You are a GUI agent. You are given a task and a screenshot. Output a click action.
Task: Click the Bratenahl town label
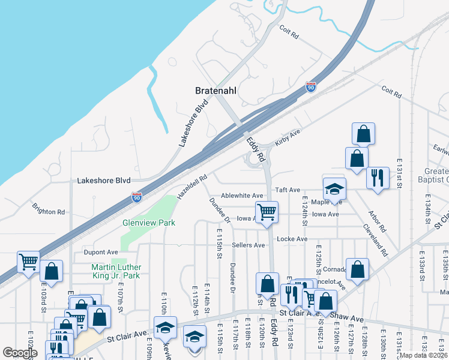(217, 91)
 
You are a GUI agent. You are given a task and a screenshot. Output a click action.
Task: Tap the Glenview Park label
(149, 223)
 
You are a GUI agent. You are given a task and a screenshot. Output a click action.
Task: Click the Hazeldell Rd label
(192, 187)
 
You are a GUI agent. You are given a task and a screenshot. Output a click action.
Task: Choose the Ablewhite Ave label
(242, 196)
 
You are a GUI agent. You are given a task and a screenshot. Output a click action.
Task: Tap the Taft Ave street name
(287, 190)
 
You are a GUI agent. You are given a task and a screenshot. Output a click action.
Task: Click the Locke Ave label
(293, 239)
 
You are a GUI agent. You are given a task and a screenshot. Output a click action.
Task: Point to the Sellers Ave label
(249, 245)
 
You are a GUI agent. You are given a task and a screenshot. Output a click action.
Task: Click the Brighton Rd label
(49, 212)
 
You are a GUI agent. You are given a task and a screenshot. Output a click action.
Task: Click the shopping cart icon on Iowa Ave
(267, 212)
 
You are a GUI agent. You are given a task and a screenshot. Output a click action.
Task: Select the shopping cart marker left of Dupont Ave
(28, 262)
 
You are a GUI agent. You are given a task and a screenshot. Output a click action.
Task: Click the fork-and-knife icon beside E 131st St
(378, 178)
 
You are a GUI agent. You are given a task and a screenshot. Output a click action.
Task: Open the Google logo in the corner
(20, 353)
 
